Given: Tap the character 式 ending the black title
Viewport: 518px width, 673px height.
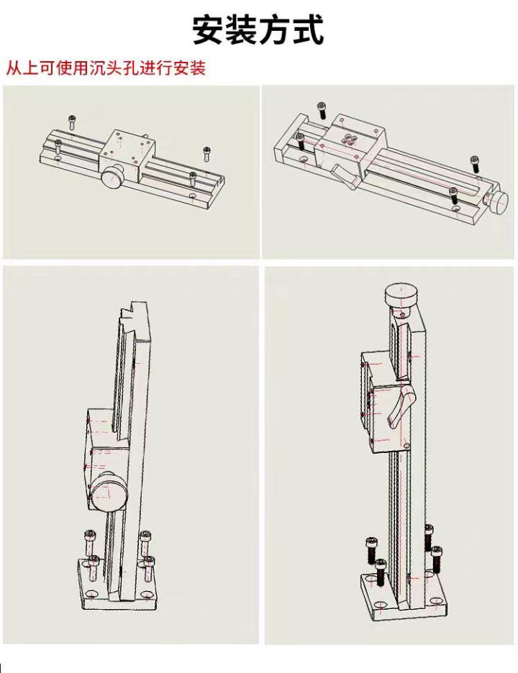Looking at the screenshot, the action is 307,30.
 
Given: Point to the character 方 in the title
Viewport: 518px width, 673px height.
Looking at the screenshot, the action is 275,30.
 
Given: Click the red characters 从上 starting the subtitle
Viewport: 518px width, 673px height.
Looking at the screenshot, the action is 22,68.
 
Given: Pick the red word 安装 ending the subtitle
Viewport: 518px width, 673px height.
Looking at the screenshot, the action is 190,68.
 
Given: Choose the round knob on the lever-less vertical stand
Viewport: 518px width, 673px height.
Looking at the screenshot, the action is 109,492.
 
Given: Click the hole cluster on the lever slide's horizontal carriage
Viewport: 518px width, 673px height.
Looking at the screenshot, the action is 349,139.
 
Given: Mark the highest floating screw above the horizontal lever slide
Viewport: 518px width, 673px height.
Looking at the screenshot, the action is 322,110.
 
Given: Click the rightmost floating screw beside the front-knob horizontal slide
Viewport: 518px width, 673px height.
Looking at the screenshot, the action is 206,154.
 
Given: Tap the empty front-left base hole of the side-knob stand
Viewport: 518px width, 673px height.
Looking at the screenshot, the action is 92,594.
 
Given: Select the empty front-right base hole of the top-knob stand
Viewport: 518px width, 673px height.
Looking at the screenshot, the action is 439,600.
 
